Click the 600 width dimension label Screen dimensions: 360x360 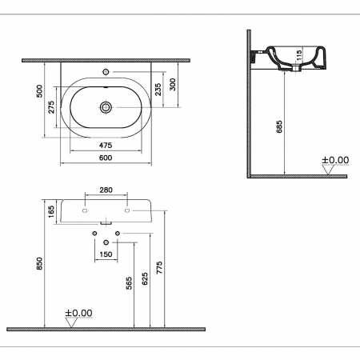pyautogui.click(x=106, y=158)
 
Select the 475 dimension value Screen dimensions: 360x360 pyautogui.click(x=106, y=146)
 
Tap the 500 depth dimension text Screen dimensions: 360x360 pyautogui.click(x=39, y=91)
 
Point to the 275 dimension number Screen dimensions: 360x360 pyautogui.click(x=51, y=107)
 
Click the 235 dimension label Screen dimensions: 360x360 pyautogui.click(x=158, y=90)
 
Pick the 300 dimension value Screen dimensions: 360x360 pyautogui.click(x=173, y=85)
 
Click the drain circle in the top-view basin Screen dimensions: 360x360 pyautogui.click(x=106, y=107)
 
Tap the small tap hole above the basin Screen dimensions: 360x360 pyautogui.click(x=106, y=71)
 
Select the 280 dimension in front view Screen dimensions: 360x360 pyautogui.click(x=106, y=190)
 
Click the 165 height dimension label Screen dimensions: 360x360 pyautogui.click(x=51, y=211)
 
